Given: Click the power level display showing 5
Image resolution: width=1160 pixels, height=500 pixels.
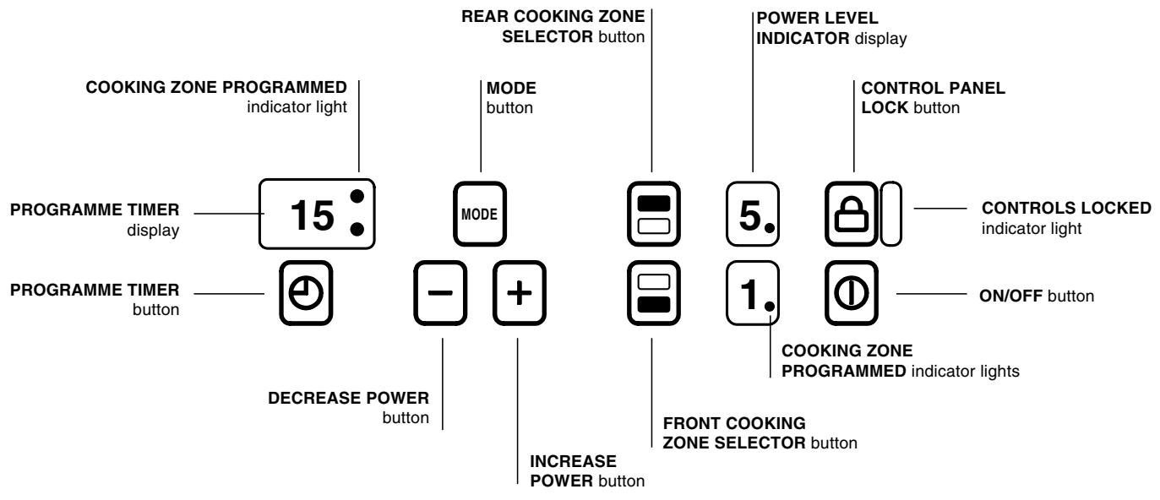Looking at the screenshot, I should pyautogui.click(x=750, y=215).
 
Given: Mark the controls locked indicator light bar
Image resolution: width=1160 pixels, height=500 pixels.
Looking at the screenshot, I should pyautogui.click(x=890, y=215).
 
